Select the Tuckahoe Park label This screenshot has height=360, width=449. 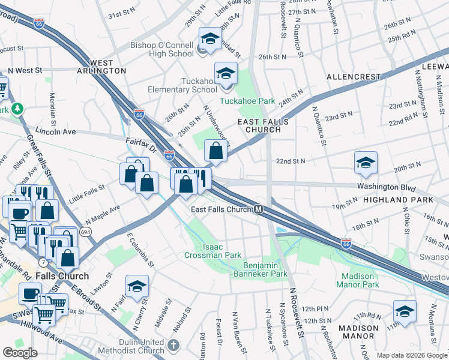[247, 101]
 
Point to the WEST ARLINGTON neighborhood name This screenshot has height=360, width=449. [108, 67]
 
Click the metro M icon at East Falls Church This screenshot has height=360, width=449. [258, 209]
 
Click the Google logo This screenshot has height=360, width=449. [20, 353]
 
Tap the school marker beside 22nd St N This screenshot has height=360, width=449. [366, 163]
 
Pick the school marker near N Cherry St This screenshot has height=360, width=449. [137, 286]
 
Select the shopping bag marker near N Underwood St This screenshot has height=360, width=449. [216, 151]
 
